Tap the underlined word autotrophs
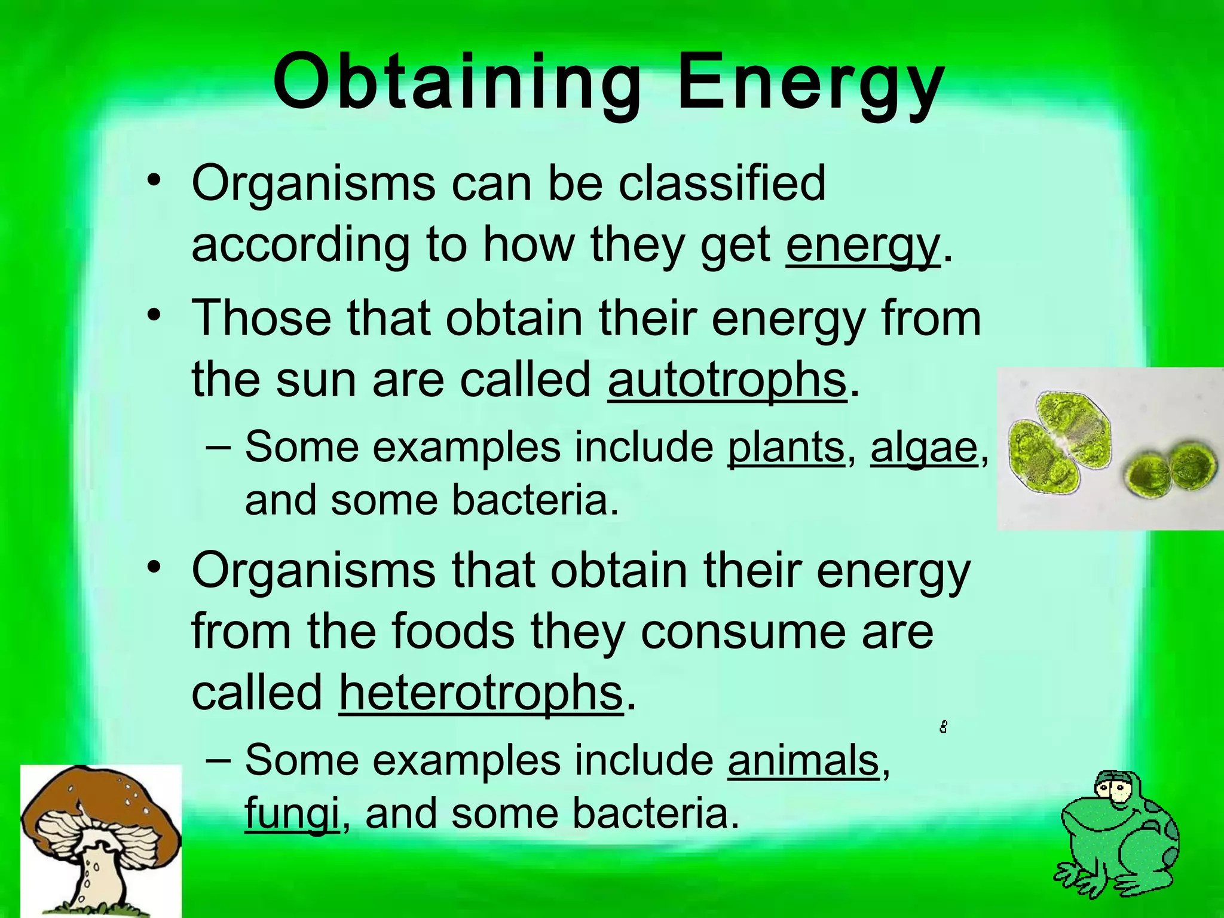coord(727,380)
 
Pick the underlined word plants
coord(785,446)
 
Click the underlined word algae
coord(924,446)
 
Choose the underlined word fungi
coord(292,814)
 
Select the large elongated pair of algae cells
coord(1059,442)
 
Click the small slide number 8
coord(943,727)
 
